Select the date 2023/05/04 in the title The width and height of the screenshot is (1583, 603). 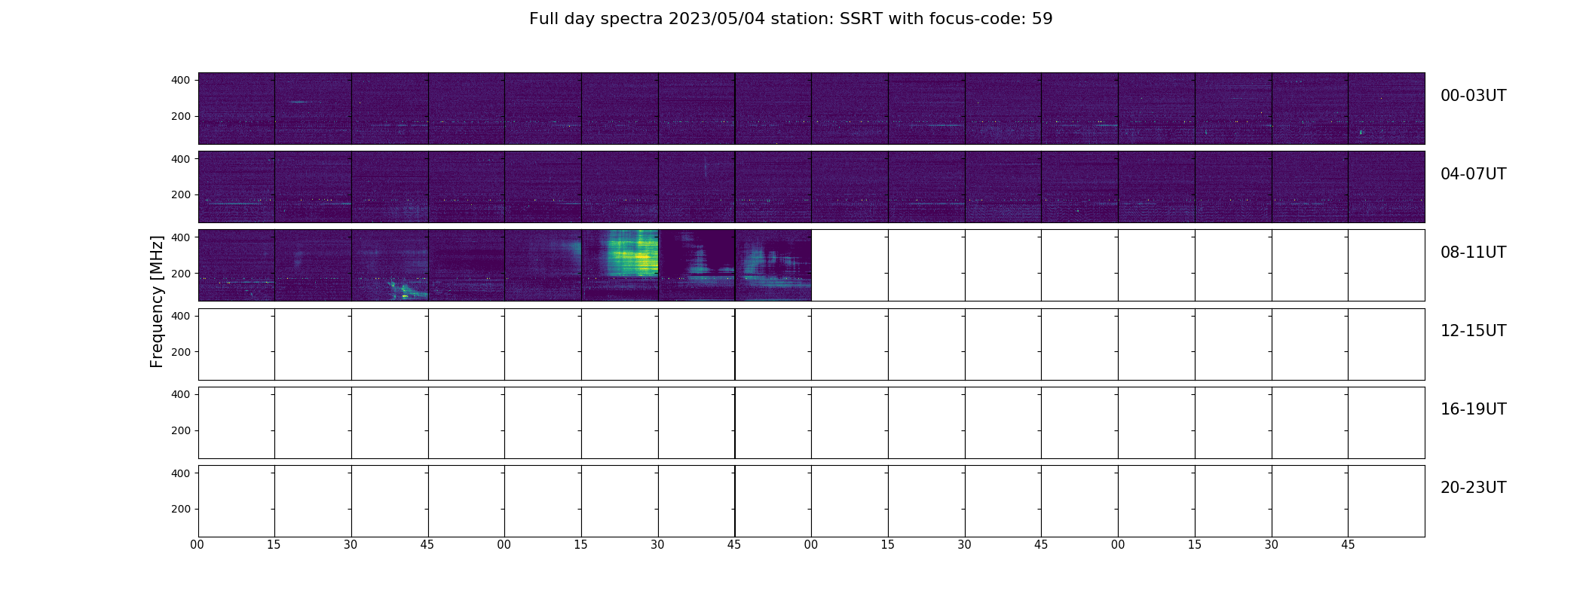point(716,19)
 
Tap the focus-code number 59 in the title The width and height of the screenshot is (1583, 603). point(1043,19)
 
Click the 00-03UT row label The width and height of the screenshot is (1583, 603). point(1473,96)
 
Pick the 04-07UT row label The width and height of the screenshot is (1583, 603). point(1473,174)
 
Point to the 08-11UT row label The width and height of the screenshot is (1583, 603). point(1473,253)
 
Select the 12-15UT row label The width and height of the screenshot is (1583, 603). point(1473,331)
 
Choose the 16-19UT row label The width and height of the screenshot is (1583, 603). point(1473,409)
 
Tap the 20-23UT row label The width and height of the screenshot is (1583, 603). point(1473,488)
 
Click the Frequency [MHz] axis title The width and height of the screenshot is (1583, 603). point(157,301)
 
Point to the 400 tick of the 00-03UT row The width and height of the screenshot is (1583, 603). point(181,80)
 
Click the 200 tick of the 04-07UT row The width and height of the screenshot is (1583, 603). point(181,194)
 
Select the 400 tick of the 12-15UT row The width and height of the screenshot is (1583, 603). point(181,316)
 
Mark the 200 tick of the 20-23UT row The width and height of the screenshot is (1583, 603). point(181,509)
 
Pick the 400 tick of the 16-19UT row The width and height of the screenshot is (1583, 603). point(181,394)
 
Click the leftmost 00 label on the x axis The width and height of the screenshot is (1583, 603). point(197,545)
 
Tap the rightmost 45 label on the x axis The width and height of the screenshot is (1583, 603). point(1348,545)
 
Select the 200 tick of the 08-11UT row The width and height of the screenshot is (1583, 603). point(181,273)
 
